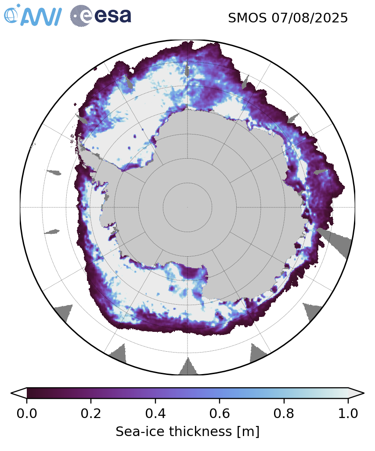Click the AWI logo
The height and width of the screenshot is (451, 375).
[32, 15]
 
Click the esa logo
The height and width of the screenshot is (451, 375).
[101, 15]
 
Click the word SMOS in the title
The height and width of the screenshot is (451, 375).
[247, 18]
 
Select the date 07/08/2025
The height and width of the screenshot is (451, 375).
[310, 18]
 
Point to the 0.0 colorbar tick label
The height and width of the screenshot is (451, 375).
[27, 414]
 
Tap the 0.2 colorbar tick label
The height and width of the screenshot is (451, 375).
[91, 414]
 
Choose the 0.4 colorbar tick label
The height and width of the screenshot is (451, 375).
[155, 414]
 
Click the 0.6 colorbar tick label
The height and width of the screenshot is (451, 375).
[220, 414]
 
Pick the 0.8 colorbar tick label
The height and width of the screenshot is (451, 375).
[284, 414]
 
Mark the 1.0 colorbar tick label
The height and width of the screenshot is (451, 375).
[348, 414]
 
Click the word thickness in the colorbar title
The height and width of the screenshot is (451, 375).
[201, 432]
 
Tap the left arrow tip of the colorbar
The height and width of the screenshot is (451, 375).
[11, 393]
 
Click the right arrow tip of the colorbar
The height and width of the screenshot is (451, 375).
[364, 393]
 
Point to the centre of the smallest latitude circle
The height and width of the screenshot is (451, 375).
[187, 207]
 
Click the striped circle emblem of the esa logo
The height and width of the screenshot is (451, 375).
[81, 15]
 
